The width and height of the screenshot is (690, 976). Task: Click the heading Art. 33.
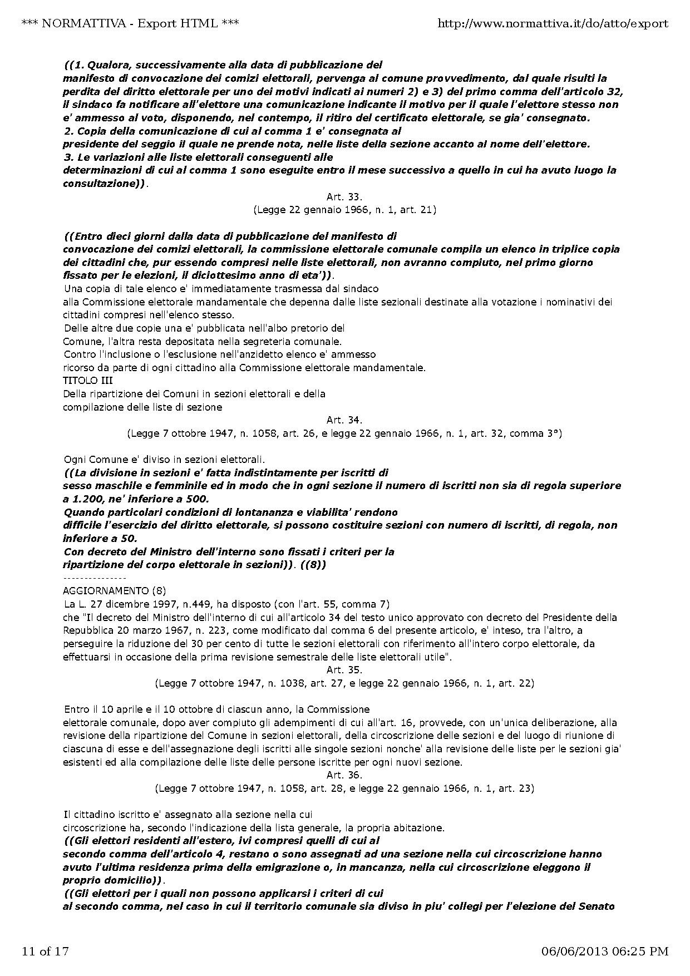(x=344, y=196)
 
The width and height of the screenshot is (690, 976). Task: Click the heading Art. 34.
(x=344, y=420)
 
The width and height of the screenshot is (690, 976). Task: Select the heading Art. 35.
(x=344, y=669)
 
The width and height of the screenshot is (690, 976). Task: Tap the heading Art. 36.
(x=344, y=775)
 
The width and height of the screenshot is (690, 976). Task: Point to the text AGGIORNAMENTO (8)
(x=114, y=590)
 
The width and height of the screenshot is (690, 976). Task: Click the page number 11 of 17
(x=45, y=951)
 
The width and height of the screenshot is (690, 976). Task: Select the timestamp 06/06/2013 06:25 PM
(x=605, y=951)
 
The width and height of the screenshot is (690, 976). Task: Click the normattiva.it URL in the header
(x=553, y=23)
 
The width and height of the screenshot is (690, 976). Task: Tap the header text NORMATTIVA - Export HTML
(x=130, y=23)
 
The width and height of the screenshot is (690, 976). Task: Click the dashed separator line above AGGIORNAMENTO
(x=95, y=578)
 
